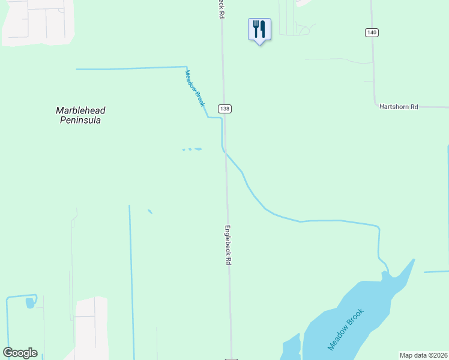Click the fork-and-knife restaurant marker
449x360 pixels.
click(259, 29)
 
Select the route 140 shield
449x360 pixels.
click(372, 32)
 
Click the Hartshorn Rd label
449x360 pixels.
click(398, 106)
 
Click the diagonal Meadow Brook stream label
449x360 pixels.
click(195, 88)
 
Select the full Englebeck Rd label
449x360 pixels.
click(228, 245)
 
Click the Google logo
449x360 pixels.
click(20, 353)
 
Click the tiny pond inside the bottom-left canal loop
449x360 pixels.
click(30, 303)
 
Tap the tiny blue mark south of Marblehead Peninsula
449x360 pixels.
click(149, 211)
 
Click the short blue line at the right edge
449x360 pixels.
click(436, 272)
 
